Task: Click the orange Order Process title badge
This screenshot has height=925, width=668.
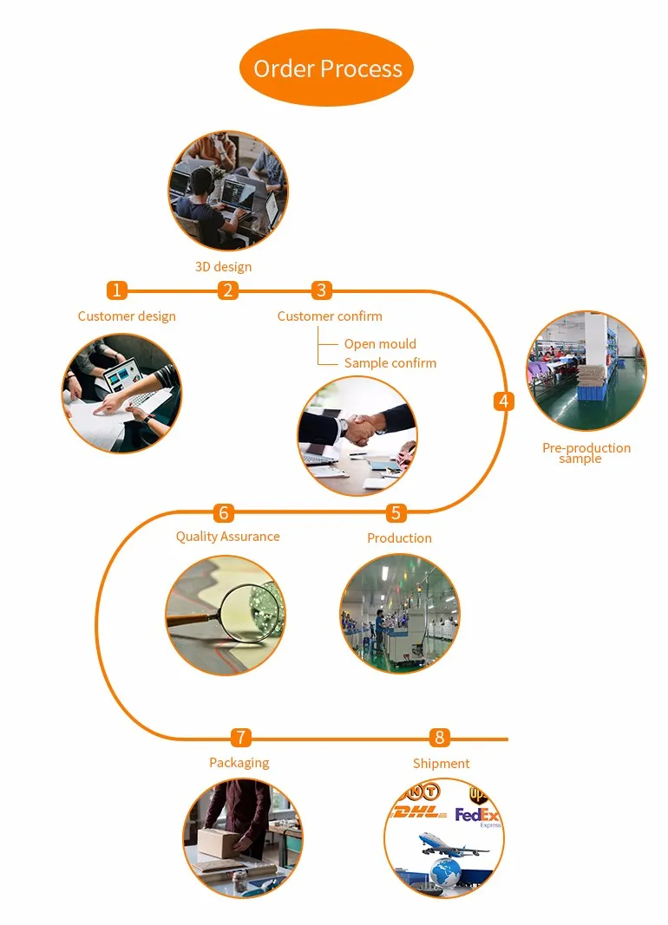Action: pyautogui.click(x=327, y=68)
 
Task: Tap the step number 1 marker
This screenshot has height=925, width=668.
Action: pyautogui.click(x=117, y=290)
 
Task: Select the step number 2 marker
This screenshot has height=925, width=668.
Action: pyautogui.click(x=228, y=290)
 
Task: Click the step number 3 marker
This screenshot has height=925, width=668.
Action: pyautogui.click(x=322, y=290)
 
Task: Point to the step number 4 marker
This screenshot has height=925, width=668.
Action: pyautogui.click(x=504, y=401)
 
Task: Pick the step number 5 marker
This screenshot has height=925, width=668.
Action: pyautogui.click(x=396, y=513)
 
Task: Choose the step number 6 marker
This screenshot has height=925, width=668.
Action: pyautogui.click(x=225, y=513)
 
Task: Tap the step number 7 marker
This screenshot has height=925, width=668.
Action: pyautogui.click(x=241, y=738)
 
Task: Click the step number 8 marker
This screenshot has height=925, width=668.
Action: pyautogui.click(x=440, y=738)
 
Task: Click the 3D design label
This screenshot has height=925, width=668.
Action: pyautogui.click(x=223, y=267)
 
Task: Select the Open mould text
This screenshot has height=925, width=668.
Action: pyautogui.click(x=380, y=344)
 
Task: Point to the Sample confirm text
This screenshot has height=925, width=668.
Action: pyautogui.click(x=390, y=363)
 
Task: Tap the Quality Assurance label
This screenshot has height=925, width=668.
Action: pyautogui.click(x=227, y=537)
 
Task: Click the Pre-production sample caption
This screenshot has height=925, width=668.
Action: pyautogui.click(x=586, y=453)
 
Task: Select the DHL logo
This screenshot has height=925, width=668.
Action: pyautogui.click(x=419, y=813)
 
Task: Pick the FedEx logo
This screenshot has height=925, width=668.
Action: pyautogui.click(x=478, y=816)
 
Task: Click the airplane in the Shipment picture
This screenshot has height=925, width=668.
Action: pyautogui.click(x=451, y=843)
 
